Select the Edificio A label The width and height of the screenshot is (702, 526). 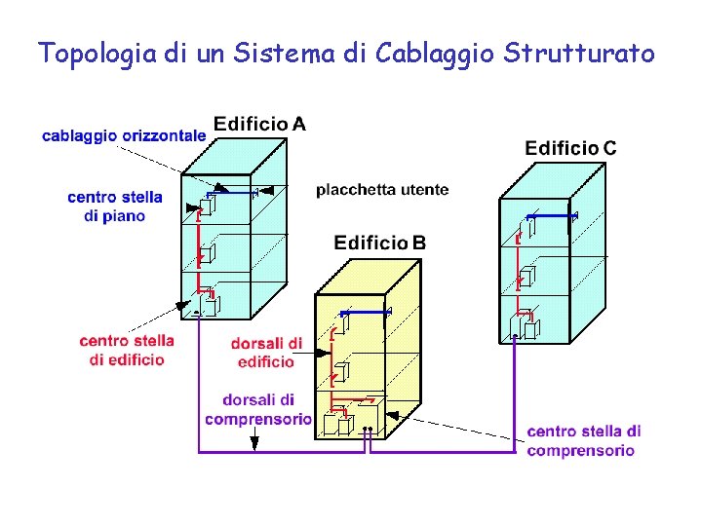[259, 124]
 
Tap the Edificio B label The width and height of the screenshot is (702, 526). [379, 242]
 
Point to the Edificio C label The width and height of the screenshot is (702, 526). [570, 148]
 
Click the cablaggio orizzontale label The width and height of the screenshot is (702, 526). [124, 136]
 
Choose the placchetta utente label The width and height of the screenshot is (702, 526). [382, 190]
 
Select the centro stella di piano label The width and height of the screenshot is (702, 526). [115, 207]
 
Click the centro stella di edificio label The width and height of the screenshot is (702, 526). [127, 350]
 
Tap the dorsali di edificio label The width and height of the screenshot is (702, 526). [266, 353]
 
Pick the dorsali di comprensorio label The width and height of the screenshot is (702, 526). [258, 409]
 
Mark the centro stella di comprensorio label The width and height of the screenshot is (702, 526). [583, 440]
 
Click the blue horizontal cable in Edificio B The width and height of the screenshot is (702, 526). [365, 313]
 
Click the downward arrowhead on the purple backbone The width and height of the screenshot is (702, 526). [254, 442]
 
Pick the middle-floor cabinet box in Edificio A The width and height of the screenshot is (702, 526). [207, 255]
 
